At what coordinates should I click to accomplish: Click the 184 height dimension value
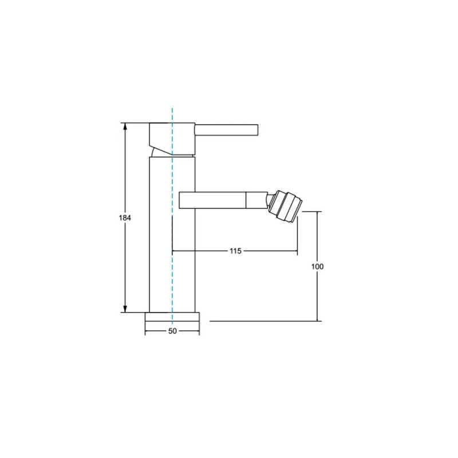coord(125,218)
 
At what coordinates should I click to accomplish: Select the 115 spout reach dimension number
coord(235,251)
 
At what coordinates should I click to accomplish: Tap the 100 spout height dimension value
coord(318,266)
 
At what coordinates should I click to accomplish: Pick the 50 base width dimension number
coord(173,331)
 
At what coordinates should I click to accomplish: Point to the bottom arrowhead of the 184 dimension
coord(125,309)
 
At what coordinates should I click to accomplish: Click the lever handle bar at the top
coord(226,130)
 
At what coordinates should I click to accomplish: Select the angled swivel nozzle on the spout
coord(286,206)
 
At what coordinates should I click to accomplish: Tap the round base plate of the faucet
coord(172,317)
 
